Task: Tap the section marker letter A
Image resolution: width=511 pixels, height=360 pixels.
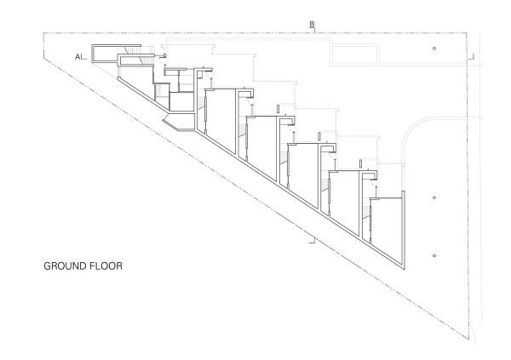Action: click(78, 56)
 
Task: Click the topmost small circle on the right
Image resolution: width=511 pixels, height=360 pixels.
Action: click(434, 49)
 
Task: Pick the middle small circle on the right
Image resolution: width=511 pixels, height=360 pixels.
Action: click(434, 197)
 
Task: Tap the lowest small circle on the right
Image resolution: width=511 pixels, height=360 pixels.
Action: click(434, 256)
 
